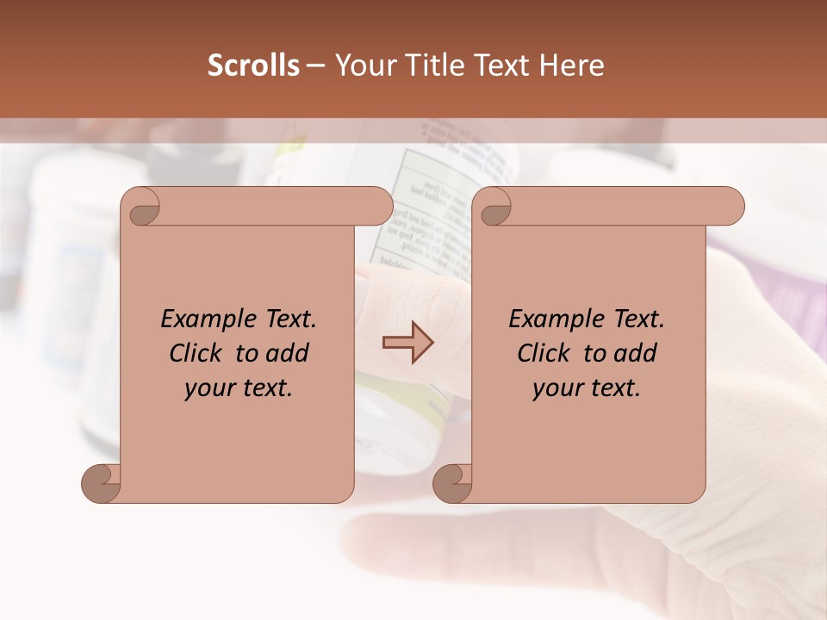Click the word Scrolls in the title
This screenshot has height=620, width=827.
click(253, 65)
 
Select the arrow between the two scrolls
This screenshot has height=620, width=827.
click(408, 343)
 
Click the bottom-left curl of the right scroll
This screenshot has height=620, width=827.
click(452, 483)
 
